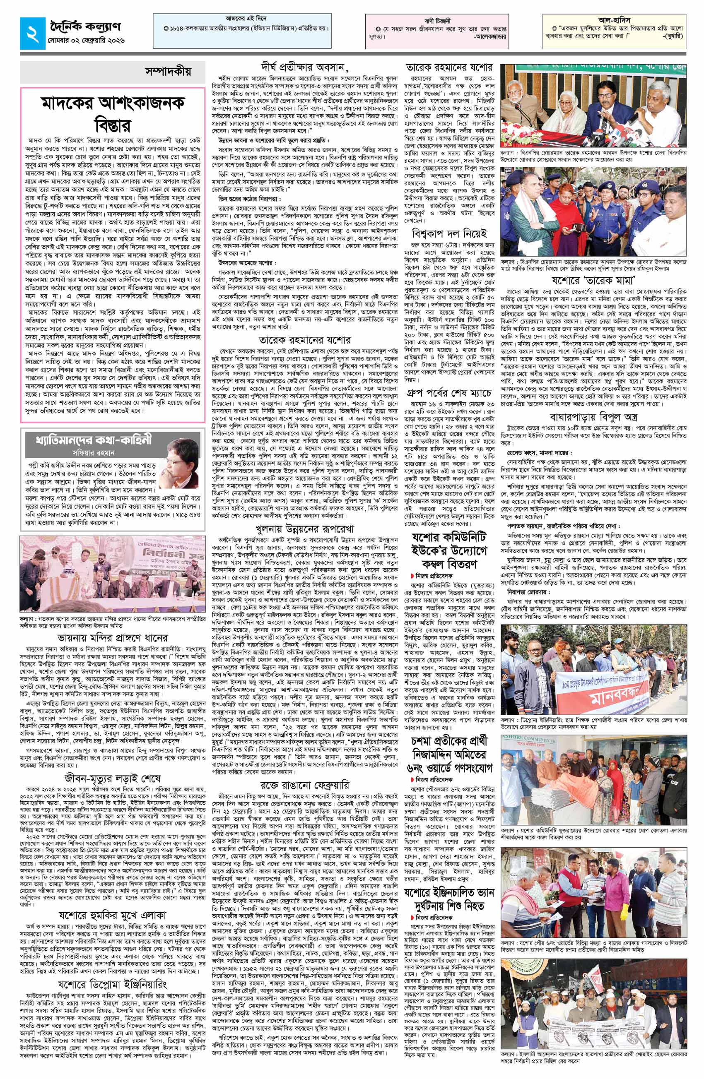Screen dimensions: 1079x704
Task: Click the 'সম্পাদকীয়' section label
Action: [167, 72]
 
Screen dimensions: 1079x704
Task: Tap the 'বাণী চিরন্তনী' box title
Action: [436, 20]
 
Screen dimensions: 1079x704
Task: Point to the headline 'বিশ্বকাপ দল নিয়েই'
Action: [448, 234]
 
